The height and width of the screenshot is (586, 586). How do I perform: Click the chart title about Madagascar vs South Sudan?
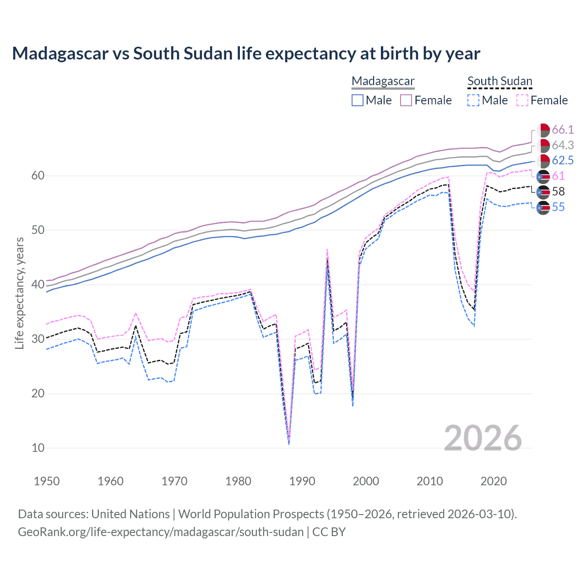click(246, 54)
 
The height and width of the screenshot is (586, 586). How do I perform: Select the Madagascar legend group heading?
click(383, 81)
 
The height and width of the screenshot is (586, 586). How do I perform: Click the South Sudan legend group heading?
click(499, 81)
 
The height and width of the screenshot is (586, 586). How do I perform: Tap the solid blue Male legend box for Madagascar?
click(358, 100)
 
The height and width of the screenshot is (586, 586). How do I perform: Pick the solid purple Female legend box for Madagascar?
click(407, 100)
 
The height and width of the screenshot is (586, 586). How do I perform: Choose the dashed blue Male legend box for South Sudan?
click(473, 100)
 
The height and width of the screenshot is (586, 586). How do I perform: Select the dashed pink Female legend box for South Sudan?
click(522, 100)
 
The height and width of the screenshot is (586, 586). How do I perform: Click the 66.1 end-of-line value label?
click(563, 130)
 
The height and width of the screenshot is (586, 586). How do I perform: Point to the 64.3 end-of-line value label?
click(563, 145)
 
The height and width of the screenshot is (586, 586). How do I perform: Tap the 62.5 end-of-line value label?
click(563, 160)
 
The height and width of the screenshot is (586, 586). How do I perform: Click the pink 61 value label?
click(558, 176)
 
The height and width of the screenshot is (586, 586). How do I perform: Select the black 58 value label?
click(558, 191)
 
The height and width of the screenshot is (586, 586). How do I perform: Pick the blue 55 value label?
click(558, 207)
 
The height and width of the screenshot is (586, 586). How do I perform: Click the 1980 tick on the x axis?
click(238, 481)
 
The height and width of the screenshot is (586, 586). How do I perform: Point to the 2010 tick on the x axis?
click(429, 481)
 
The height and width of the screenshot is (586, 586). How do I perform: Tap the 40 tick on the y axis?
click(38, 284)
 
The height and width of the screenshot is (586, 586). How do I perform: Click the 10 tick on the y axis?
click(38, 448)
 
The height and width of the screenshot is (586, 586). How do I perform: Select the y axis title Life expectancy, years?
click(19, 293)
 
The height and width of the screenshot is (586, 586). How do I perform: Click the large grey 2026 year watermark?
click(483, 438)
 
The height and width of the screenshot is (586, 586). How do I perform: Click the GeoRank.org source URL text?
click(161, 532)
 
